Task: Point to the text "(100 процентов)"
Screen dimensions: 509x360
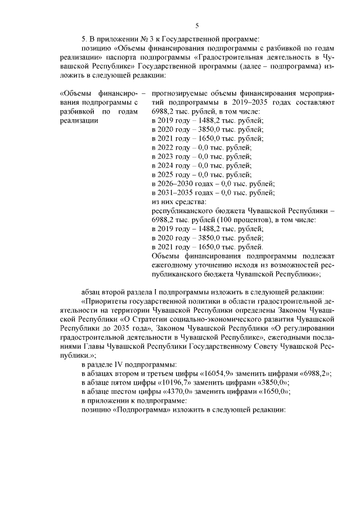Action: coord(244,220)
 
